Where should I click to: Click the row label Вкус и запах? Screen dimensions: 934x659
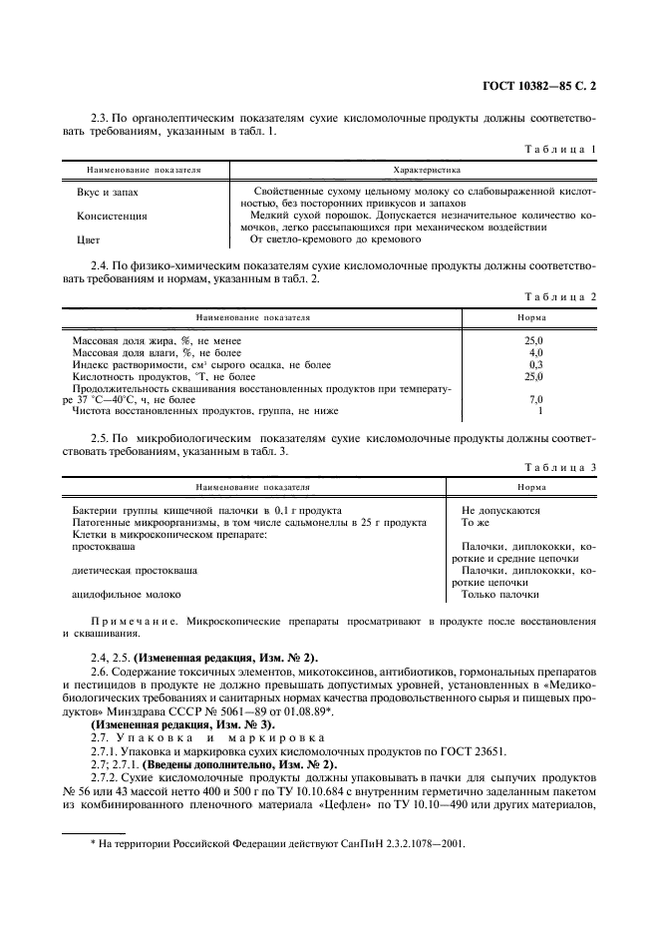[108, 191]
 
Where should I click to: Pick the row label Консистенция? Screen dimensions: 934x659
[112, 216]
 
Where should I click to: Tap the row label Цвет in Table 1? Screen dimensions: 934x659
[89, 240]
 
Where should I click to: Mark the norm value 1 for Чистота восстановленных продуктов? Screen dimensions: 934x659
[538, 411]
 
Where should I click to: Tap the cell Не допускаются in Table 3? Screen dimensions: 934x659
[500, 510]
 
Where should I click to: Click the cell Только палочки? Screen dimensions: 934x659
[499, 595]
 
